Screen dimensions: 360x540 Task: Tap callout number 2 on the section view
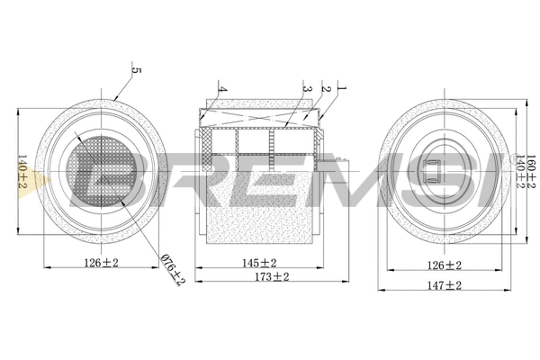(327, 90)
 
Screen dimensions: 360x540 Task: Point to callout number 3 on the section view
(307, 90)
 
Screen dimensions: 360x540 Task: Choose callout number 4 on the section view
(220, 90)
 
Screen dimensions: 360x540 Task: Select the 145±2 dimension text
(259, 263)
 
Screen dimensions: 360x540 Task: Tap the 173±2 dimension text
(269, 278)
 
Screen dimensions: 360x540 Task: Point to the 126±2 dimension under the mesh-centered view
(101, 263)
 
